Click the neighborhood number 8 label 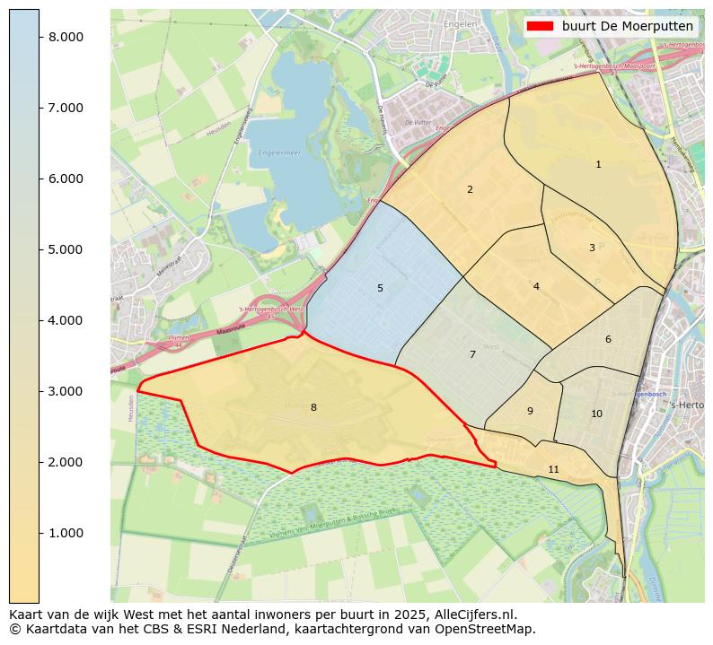pos(313,408)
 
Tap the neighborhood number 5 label pos(380,289)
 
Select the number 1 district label pos(598,165)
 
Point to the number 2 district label pos(470,190)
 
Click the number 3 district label pos(592,248)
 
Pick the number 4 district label pos(536,287)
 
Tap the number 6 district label pos(608,340)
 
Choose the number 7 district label pos(472,355)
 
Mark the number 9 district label pos(530,412)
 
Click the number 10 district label pos(596,414)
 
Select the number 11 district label pos(553,470)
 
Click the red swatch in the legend pos(541,26)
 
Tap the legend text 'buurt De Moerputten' pos(627,26)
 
